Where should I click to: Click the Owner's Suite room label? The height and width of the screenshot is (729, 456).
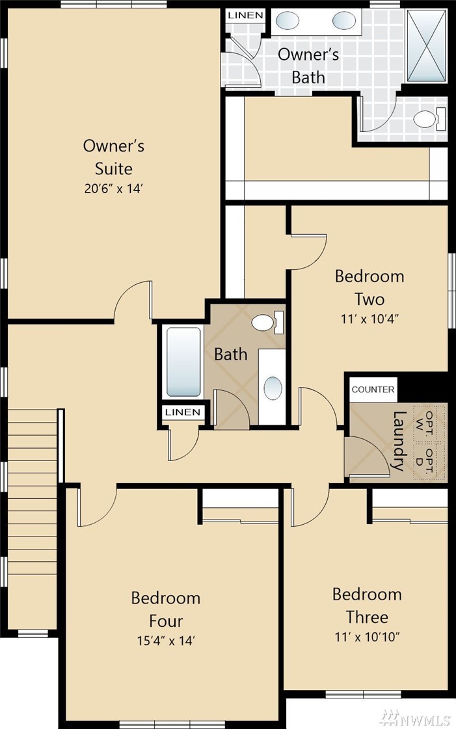coord(113,157)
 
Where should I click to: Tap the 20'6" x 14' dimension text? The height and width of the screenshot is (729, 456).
coord(113,189)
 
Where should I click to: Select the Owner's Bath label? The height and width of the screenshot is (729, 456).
coord(308,66)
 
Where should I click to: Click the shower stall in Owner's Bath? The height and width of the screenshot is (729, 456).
coord(426,46)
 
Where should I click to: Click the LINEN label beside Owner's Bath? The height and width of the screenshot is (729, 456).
coord(245,16)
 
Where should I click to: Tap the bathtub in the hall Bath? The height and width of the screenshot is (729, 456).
coord(184,362)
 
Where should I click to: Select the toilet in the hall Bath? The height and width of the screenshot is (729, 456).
coord(268,322)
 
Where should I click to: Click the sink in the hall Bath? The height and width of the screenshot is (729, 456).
coord(273,388)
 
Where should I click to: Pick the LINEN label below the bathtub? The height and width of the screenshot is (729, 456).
coord(183,412)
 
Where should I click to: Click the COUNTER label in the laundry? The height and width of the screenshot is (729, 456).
coord(373,389)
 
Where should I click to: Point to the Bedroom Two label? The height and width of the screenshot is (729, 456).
coord(369,287)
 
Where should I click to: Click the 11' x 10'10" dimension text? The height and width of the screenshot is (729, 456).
coord(368,637)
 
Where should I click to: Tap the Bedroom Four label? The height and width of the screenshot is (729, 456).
coord(166,609)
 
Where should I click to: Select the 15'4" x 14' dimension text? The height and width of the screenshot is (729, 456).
coord(166,641)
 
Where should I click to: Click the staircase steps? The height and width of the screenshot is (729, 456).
coord(32,518)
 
